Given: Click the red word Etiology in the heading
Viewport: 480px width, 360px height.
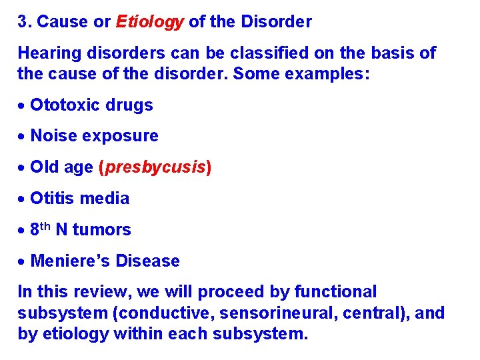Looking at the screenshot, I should tap(149, 22).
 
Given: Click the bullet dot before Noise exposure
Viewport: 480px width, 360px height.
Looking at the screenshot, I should tap(22, 137).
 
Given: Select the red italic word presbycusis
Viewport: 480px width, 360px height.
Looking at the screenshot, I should tap(155, 167).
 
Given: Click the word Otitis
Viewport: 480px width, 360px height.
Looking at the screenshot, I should tap(52, 198).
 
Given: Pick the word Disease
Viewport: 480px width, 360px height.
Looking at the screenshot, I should tap(147, 261).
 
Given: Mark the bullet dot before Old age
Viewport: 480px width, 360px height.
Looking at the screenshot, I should tap(22, 168).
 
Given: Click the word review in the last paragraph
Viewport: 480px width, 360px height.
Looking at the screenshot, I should tap(83, 292).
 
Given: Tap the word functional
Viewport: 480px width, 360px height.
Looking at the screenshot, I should tap(335, 292).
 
